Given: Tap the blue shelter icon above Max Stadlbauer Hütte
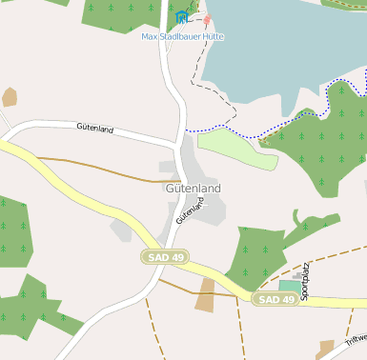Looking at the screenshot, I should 182,17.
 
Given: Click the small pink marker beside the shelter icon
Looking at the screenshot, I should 207,19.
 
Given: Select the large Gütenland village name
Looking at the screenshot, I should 193,189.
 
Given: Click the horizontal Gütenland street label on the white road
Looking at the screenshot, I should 95,128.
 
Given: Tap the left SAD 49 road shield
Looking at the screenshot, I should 165,257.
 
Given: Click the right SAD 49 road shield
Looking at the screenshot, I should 276,299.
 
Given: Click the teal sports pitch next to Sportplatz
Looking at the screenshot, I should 288,286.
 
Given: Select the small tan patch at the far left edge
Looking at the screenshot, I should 10,96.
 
